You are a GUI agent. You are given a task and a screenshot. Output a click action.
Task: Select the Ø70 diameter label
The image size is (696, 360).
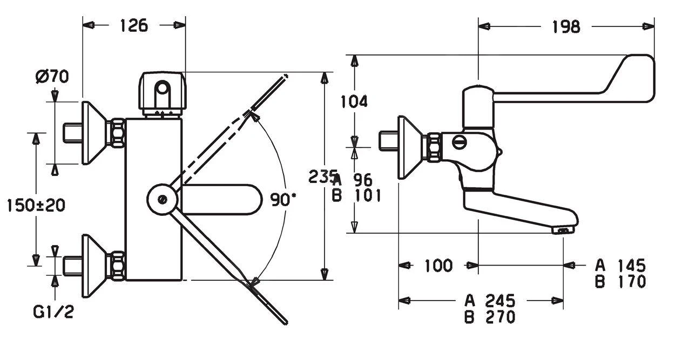[52, 77]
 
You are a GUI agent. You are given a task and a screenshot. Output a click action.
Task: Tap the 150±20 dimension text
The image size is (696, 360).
[36, 205]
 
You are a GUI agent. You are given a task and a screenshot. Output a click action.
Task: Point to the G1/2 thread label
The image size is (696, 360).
[53, 311]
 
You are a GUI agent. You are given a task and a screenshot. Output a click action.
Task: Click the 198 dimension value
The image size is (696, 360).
[565, 26]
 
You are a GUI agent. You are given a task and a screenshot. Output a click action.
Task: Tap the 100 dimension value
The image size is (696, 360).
[438, 265]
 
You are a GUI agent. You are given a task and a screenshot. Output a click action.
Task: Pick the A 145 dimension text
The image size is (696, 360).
[620, 265]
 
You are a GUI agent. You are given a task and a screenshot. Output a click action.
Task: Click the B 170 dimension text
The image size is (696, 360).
[620, 281]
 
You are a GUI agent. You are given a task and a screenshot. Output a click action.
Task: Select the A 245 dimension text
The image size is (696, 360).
[490, 300]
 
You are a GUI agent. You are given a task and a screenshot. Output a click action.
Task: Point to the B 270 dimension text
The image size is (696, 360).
[490, 316]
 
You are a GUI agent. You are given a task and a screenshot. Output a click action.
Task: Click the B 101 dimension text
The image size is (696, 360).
[356, 195]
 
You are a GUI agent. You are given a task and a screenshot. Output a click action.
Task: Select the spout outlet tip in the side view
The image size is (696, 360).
[563, 230]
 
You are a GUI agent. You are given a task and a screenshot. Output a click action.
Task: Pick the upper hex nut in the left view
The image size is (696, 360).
[116, 133]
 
